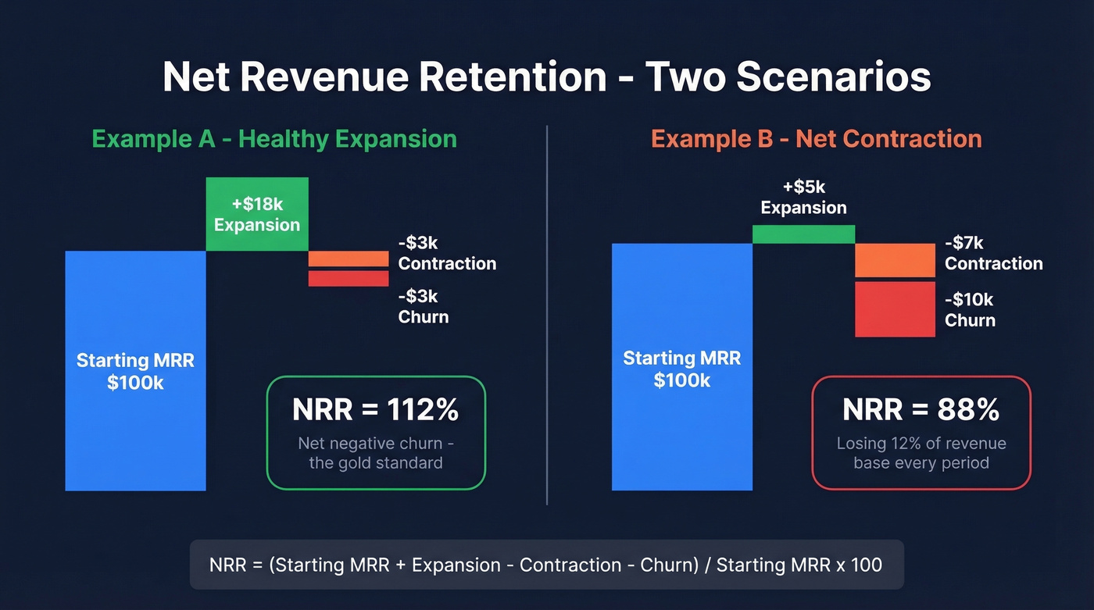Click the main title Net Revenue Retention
click(546, 78)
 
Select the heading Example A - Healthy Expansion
click(274, 139)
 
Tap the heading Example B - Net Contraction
click(816, 139)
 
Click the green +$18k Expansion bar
click(257, 215)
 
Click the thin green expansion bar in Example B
click(803, 234)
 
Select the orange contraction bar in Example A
click(348, 259)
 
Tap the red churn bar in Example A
click(348, 278)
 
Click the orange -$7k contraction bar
click(895, 261)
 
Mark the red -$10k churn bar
click(895, 309)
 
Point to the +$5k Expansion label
click(803, 198)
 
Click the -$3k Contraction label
click(447, 253)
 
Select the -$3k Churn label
click(424, 306)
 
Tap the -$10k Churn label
click(970, 309)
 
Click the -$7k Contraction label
click(993, 253)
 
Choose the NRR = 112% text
click(375, 409)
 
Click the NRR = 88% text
click(921, 409)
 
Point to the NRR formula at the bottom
click(546, 565)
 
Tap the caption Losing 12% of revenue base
click(921, 453)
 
